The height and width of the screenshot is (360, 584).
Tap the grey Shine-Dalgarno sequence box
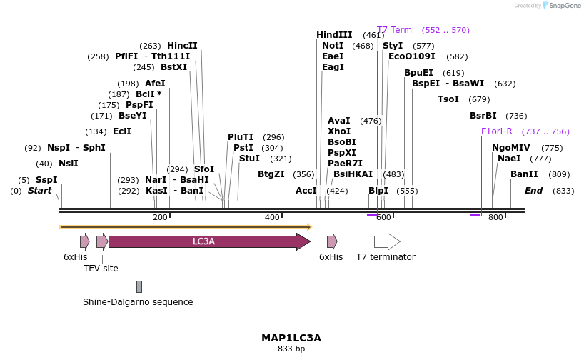(x=139, y=286)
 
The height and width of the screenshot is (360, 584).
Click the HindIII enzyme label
(x=334, y=35)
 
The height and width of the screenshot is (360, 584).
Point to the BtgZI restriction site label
(x=271, y=174)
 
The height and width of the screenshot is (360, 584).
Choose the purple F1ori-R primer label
(x=497, y=131)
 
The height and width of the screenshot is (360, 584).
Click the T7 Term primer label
(x=394, y=30)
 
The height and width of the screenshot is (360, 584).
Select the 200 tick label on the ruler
(x=160, y=217)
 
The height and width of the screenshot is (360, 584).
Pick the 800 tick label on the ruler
(x=495, y=217)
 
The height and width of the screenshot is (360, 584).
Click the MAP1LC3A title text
(x=291, y=338)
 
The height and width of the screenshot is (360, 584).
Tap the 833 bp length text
(x=291, y=349)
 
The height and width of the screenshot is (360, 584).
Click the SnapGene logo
(x=560, y=6)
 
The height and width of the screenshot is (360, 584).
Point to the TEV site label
(x=100, y=269)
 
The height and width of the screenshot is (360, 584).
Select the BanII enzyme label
(x=524, y=174)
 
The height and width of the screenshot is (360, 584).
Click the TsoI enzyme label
(x=448, y=99)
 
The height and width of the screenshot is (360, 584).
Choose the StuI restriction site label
(x=250, y=159)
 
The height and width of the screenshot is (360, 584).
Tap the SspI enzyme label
(x=46, y=180)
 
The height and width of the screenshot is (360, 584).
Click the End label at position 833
(x=534, y=191)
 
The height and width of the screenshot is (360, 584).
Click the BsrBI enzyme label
(x=483, y=116)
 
